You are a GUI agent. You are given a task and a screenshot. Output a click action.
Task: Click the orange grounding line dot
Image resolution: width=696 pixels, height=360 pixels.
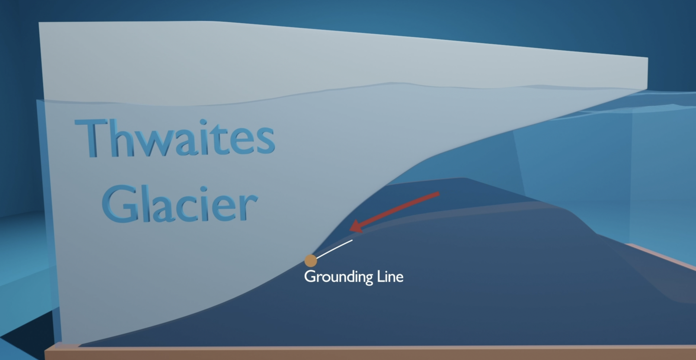311,261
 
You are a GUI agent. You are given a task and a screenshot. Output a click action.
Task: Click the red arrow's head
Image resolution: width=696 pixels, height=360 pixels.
355,227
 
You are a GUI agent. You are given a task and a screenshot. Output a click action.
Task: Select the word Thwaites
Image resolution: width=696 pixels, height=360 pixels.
175,139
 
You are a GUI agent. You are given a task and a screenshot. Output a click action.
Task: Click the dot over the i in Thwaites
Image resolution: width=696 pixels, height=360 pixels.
203,122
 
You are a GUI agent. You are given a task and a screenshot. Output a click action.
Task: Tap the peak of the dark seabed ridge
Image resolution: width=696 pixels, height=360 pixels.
462,179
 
